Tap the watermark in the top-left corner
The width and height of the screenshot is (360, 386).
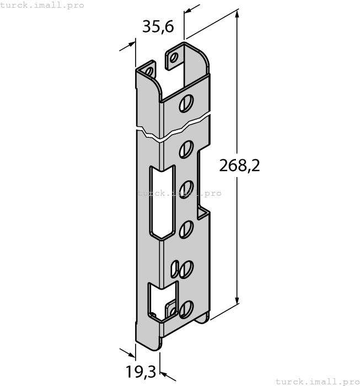pyautogui.click(x=42, y=5)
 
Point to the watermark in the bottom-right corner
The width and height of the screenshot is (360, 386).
pyautogui.click(x=317, y=381)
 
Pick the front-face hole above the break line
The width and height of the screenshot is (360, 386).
pyautogui.click(x=187, y=103)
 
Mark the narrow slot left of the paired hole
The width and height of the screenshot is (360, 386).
pyautogui.click(x=175, y=269)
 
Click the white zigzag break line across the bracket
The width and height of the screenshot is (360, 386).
pyautogui.click(x=174, y=128)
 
